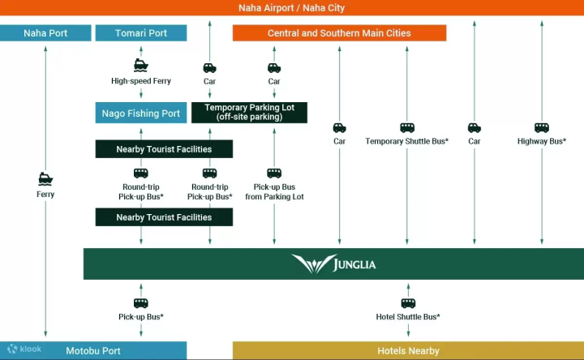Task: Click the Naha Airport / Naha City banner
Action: pos(292,8)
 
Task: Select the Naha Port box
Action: pos(45,33)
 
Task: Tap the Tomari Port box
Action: pos(141,33)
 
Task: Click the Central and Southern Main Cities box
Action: pos(339,33)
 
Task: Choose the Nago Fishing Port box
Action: pos(141,114)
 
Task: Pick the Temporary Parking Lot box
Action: pos(249,113)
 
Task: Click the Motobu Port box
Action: pos(93,351)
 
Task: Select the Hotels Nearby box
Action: pos(408,351)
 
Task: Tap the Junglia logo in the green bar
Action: pos(333,264)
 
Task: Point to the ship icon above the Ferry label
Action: pos(45,179)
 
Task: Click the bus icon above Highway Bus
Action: pos(542,127)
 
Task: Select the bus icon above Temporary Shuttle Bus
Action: pos(407,127)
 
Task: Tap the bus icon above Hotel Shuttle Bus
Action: pos(408,303)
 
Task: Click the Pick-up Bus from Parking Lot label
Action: pos(274,192)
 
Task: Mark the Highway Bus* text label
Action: pos(542,141)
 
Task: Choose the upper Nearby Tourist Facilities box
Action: pos(164,149)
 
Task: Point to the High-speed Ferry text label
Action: pos(141,81)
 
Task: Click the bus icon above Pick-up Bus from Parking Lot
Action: pos(274,173)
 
